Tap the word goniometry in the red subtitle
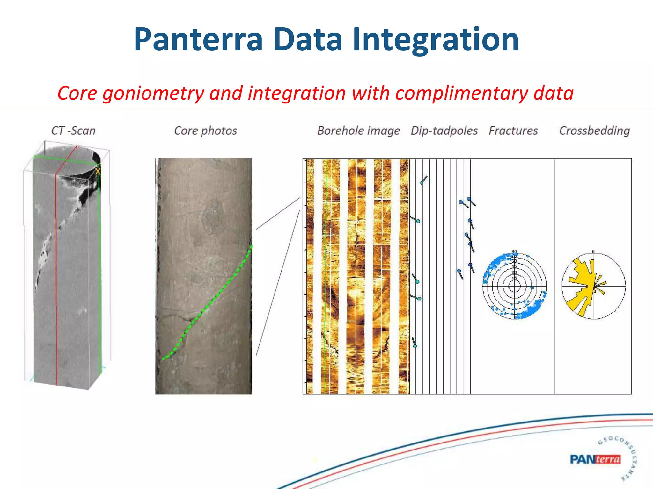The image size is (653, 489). pos(153,93)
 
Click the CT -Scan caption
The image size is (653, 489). pos(73,131)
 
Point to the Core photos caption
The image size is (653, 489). pos(205,131)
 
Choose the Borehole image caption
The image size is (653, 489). pos(358,131)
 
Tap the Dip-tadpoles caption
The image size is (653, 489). pos(444,131)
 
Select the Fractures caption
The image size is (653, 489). pos(513,131)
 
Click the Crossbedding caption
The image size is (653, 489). pos(594,131)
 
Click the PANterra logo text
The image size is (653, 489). pos(595,459)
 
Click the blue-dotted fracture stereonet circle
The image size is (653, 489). pos(514,286)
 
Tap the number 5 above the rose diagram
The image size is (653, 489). pos(593,252)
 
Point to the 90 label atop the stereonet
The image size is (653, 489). pos(514,252)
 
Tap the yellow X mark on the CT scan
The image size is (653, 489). pos(98,171)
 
